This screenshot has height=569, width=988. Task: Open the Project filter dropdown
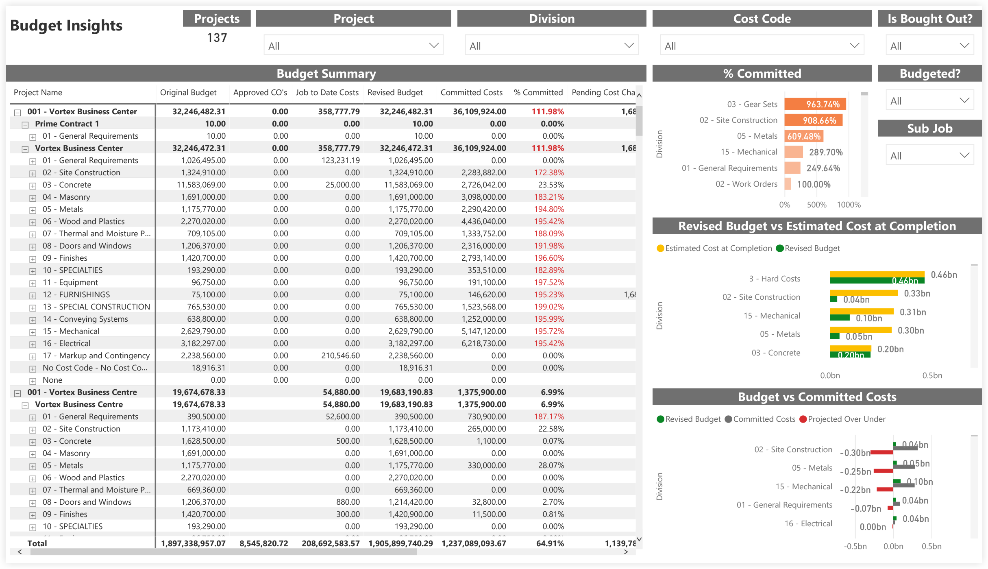click(353, 46)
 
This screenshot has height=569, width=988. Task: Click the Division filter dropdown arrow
click(629, 46)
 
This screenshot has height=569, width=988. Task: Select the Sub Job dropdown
click(929, 155)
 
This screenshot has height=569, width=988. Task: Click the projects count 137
click(217, 38)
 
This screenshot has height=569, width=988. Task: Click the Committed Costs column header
click(471, 93)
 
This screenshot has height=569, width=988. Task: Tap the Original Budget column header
click(188, 93)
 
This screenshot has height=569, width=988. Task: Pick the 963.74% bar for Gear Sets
click(815, 104)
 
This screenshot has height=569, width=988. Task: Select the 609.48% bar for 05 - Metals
click(803, 136)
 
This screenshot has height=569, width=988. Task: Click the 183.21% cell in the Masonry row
click(548, 197)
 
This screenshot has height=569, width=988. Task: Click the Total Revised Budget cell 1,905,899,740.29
click(400, 543)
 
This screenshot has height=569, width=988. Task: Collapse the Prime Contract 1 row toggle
click(25, 124)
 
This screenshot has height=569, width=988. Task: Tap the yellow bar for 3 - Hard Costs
click(877, 275)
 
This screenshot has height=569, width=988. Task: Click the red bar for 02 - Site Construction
click(881, 452)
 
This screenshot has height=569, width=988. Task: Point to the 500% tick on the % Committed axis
click(816, 205)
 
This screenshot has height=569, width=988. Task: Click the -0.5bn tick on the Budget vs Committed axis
click(855, 547)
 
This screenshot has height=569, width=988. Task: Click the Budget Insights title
click(66, 26)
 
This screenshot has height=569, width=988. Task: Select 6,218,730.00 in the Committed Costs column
click(483, 344)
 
